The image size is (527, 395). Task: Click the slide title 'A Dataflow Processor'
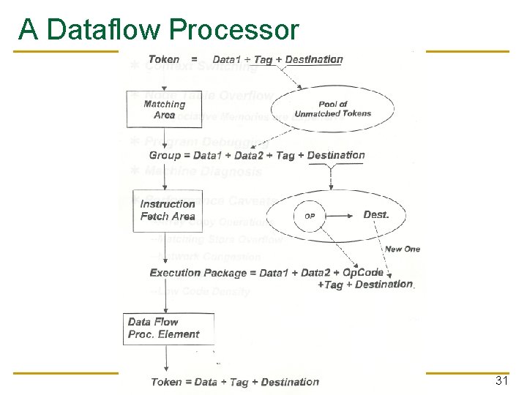(159, 30)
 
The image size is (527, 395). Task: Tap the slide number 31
(501, 381)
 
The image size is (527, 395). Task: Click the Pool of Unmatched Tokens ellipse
(333, 109)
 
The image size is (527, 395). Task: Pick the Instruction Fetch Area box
(168, 210)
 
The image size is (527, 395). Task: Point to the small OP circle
(310, 216)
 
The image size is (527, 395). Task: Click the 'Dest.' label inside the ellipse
(376, 215)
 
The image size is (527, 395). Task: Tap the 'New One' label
(402, 249)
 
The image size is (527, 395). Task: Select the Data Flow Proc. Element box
(168, 328)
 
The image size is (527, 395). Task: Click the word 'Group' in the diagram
(164, 155)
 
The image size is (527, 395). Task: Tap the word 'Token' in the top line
(164, 59)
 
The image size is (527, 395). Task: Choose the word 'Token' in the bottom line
(167, 382)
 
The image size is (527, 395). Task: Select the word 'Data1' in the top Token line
(228, 59)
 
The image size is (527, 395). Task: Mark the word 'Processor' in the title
(233, 30)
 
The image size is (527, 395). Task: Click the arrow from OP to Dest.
(340, 216)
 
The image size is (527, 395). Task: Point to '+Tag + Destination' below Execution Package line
(365, 285)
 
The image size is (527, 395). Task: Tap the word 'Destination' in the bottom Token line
(290, 382)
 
